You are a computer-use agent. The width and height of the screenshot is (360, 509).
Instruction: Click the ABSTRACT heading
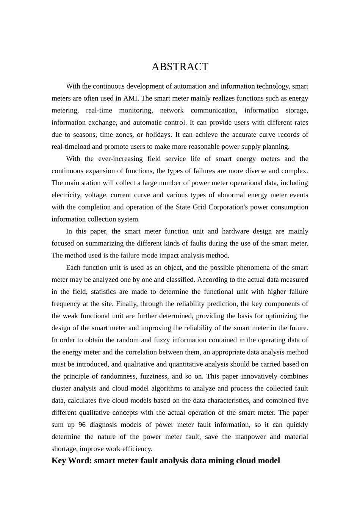coord(180,67)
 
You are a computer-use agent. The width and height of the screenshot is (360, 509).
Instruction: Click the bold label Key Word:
coord(72,461)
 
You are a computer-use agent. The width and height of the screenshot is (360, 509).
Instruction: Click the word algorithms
coord(168,389)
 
